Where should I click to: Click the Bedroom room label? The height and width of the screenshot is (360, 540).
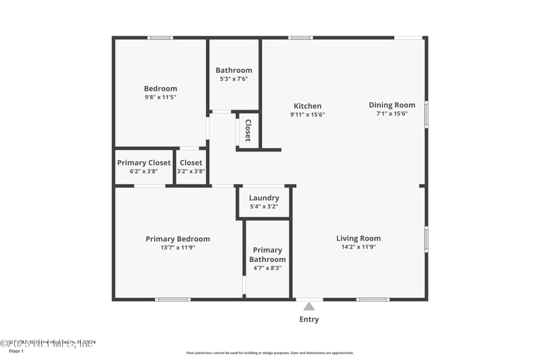point(161,88)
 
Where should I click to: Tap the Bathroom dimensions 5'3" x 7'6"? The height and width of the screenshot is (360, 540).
point(234,79)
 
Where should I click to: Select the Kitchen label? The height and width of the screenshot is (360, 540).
point(307,106)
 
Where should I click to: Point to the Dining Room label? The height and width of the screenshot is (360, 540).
point(391,105)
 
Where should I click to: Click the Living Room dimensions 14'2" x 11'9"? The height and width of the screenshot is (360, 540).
point(358,247)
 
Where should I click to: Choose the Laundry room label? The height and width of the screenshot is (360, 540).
point(264,198)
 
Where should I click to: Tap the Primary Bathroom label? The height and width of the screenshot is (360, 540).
point(267,255)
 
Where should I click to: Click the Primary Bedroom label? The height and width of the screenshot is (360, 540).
point(178,238)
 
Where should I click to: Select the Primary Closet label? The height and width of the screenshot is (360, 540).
point(144,163)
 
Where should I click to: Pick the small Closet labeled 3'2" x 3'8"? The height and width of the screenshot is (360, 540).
point(191,166)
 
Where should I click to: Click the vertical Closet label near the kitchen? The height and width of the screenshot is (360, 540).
point(248,130)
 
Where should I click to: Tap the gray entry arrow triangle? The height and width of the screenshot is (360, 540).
point(309,306)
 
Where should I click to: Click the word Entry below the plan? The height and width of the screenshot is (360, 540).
point(309,319)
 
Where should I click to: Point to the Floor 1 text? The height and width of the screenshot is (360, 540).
point(16,351)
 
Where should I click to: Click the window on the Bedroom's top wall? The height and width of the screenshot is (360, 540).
point(160,38)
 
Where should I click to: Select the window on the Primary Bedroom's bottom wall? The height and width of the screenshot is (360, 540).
point(173,299)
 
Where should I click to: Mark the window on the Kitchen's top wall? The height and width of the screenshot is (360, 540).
point(300,38)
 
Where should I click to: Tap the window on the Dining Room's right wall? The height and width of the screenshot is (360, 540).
point(425,113)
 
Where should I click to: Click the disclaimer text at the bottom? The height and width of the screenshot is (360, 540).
point(269,353)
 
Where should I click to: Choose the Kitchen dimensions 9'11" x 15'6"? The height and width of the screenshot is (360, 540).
point(307,115)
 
